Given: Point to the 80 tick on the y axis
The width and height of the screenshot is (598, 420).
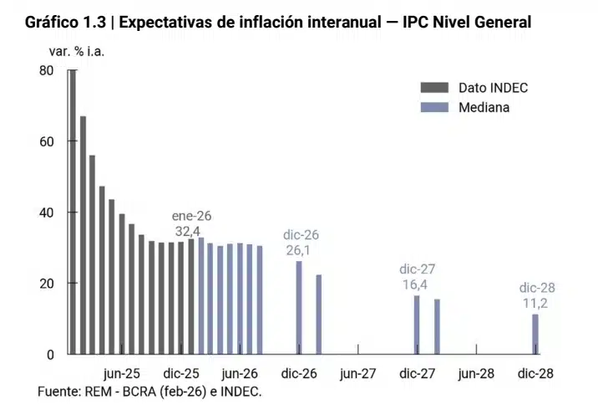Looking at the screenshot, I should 47,71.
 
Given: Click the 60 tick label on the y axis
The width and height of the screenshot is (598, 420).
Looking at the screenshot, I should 47,141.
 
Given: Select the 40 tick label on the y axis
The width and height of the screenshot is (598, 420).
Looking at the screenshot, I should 47,213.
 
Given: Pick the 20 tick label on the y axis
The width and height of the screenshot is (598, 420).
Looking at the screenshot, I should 47,284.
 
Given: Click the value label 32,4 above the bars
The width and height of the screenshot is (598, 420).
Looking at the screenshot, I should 187,231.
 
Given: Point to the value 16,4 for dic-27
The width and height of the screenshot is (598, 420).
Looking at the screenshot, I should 417,284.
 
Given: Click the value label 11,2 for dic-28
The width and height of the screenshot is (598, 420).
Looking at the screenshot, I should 536,303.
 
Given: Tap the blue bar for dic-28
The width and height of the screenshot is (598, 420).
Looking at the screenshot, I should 535,334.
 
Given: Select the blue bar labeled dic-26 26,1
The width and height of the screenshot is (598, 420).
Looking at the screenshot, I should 299,307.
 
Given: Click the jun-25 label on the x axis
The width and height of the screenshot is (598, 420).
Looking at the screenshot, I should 122,374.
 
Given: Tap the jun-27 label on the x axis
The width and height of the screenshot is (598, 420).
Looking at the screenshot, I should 358,374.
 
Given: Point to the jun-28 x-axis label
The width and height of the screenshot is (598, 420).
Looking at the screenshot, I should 477,374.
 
